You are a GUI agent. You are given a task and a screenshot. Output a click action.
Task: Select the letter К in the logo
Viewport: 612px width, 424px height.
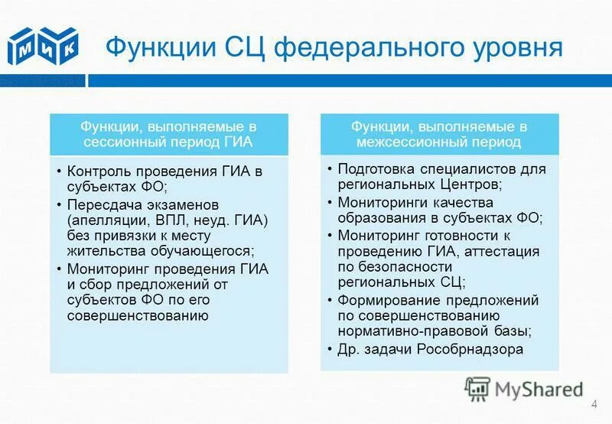click(68, 47)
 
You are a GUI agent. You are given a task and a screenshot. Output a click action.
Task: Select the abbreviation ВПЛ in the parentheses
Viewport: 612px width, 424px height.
click(181, 220)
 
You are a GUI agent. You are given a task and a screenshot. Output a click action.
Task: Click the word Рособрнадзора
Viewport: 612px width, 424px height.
click(470, 349)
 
